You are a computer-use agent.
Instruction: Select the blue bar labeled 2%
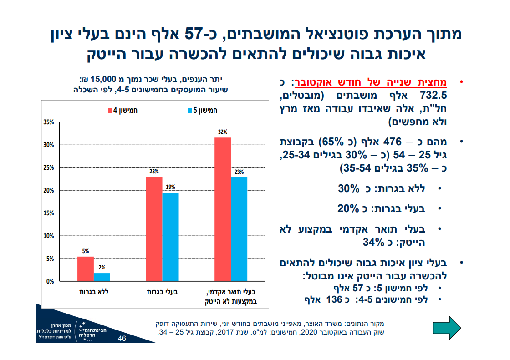102,276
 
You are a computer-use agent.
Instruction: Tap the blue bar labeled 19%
170,236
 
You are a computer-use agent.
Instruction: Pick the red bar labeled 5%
86,269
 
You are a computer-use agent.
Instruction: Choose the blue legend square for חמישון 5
190,111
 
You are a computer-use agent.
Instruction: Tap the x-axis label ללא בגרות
94,292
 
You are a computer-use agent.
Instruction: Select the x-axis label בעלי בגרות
162,292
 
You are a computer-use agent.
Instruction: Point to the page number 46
122,339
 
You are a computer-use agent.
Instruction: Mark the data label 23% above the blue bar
239,172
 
